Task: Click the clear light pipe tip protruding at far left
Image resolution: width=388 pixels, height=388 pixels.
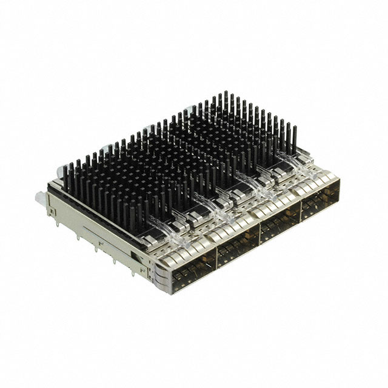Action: [x=39, y=196]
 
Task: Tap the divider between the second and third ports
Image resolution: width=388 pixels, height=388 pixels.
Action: [x=259, y=236]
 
